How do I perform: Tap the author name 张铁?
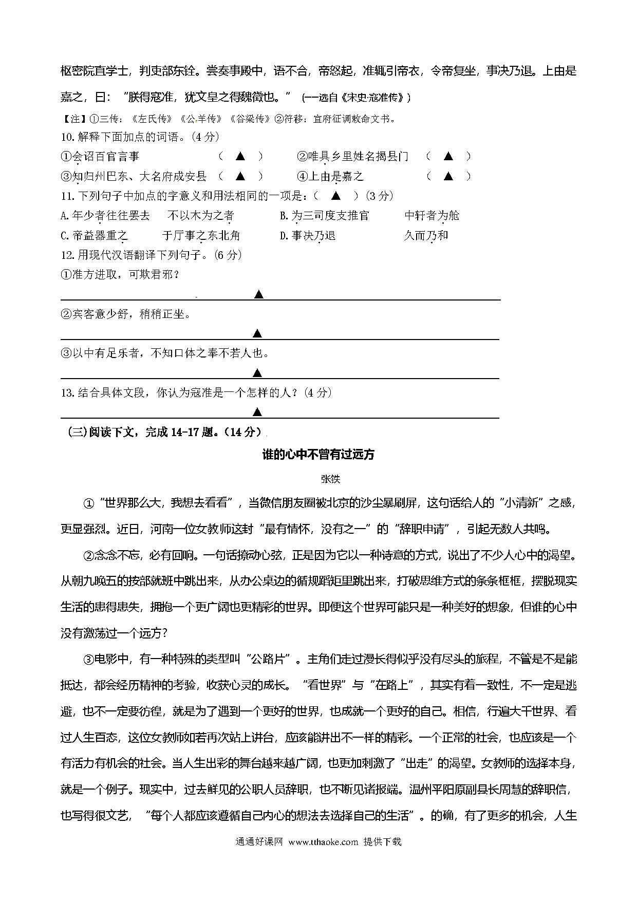330,479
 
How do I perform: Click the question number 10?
67,137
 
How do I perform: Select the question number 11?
67,196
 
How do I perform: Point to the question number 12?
67,255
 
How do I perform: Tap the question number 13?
67,393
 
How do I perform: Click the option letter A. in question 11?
65,216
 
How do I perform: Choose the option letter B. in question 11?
285,216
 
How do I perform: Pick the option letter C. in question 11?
65,235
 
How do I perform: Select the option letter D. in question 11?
285,235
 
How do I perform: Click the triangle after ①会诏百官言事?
240,156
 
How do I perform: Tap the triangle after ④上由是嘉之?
448,176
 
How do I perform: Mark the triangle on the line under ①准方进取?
258,294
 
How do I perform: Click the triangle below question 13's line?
258,412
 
